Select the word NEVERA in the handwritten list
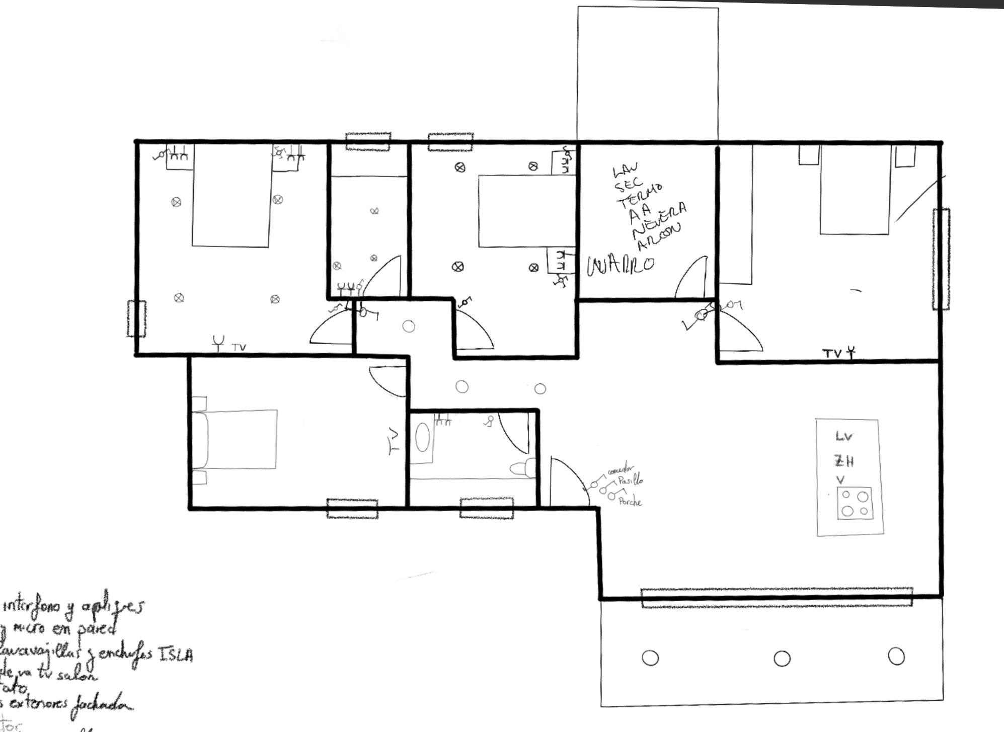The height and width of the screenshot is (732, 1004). (659, 221)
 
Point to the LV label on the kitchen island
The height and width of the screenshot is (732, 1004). (844, 436)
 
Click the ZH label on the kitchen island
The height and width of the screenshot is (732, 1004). (844, 461)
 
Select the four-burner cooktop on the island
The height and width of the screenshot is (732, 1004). (855, 503)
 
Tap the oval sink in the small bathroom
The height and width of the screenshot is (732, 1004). (423, 438)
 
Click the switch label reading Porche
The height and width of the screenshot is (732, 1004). (630, 502)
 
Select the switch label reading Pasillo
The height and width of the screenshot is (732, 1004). (631, 481)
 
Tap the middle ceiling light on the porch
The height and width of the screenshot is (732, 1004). (782, 658)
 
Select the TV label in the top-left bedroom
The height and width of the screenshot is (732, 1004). (239, 347)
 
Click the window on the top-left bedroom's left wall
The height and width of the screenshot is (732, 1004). (136, 319)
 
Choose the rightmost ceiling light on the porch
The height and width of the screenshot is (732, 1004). (896, 656)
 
